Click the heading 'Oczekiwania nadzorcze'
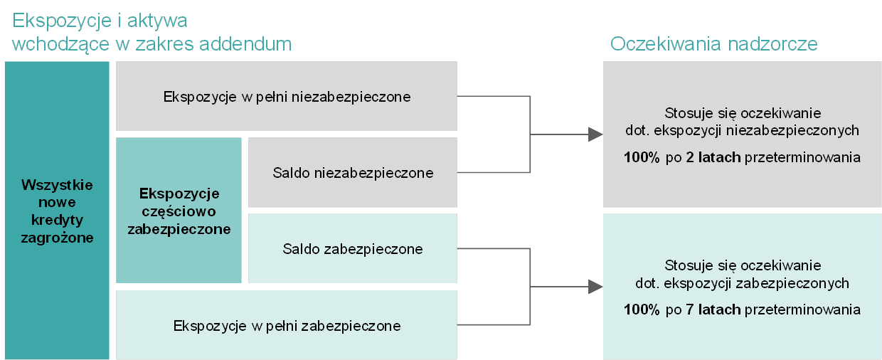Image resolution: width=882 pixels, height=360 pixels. coord(713,43)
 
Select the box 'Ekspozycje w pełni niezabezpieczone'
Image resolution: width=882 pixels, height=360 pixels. coord(287,96)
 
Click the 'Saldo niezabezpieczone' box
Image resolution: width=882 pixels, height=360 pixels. coord(353,172)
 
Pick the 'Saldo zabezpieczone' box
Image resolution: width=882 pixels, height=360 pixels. coord(353,248)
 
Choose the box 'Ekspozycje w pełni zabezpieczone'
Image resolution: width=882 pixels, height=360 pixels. coord(287,325)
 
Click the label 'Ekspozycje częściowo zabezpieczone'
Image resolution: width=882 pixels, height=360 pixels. coord(179,211)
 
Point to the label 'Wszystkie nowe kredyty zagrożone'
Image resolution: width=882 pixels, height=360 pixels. coord(57,211)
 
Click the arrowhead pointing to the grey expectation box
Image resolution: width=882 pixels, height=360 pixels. coord(595,134)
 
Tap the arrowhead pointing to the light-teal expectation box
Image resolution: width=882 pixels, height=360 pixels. coord(595,286)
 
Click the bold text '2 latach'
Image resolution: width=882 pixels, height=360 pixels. coord(713,157)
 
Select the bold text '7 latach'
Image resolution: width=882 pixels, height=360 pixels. coord(713,309)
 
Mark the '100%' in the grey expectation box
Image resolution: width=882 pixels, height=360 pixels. coord(642,157)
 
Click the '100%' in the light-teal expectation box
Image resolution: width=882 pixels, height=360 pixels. coord(642,309)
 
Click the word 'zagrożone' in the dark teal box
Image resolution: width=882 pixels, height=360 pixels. coord(57,238)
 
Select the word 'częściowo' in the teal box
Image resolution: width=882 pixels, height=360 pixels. coord(179,212)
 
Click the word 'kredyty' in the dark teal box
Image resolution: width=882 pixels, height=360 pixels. coord(57,220)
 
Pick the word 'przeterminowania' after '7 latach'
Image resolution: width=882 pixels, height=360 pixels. coord(802,309)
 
